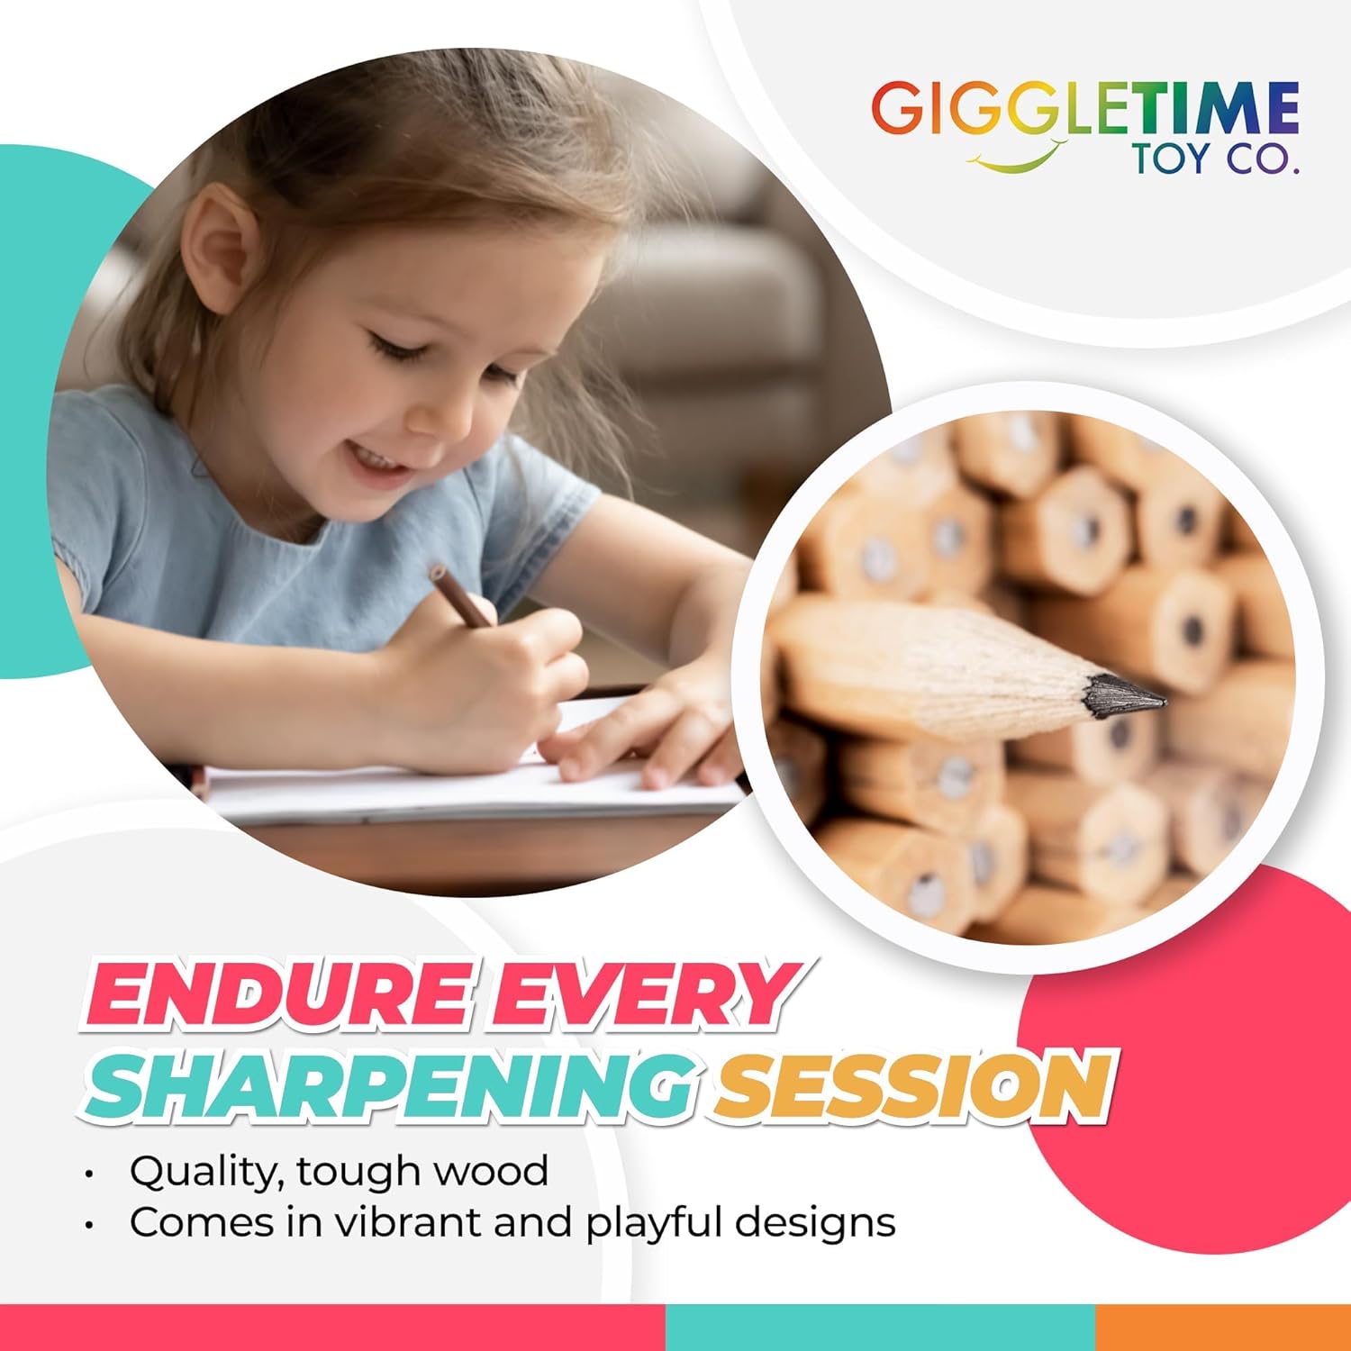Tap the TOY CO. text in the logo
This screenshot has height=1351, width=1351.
tap(1216, 159)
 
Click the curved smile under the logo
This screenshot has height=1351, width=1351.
tap(1016, 160)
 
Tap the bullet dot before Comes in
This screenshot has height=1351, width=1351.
tap(88, 1226)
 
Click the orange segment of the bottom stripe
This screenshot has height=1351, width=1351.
tap(1223, 1328)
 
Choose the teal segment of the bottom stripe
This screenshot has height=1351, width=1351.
tap(881, 1328)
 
